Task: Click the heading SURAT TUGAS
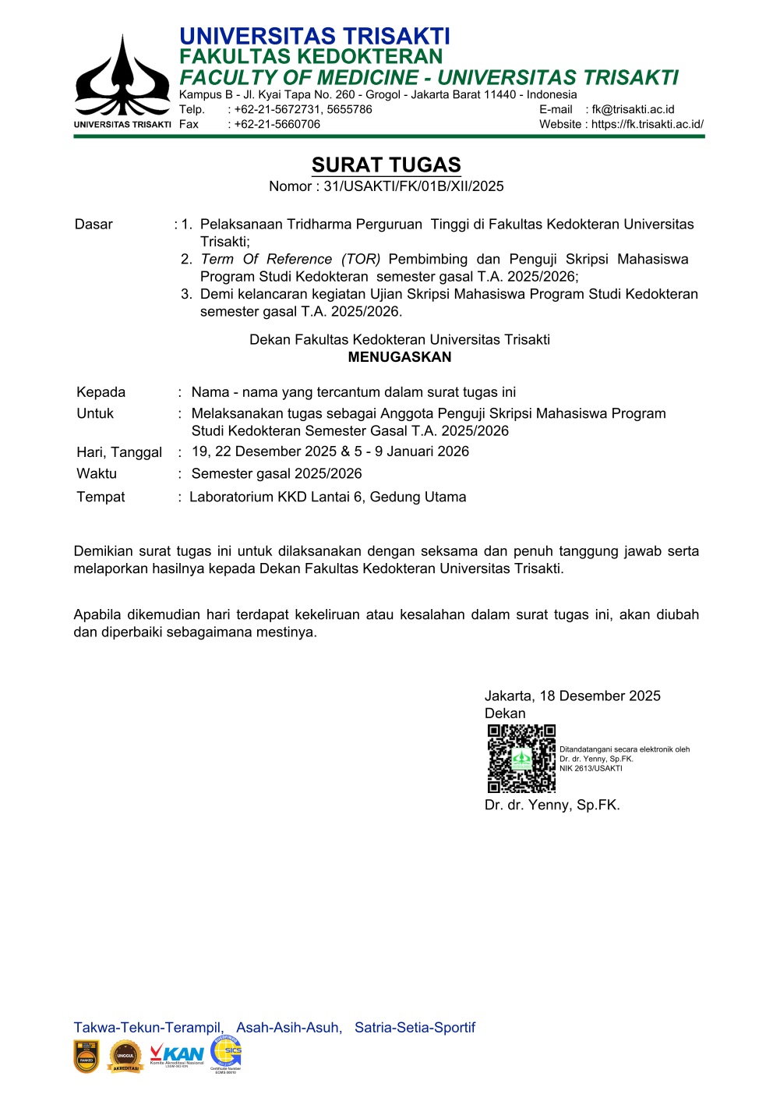tap(386, 165)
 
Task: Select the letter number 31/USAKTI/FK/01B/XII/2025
tap(414, 186)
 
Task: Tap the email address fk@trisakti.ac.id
tap(633, 110)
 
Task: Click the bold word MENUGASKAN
tap(400, 357)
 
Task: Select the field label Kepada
tap(101, 392)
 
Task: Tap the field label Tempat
tap(101, 497)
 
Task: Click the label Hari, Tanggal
tap(119, 452)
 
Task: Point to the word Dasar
tap(94, 225)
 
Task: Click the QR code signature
tap(521, 759)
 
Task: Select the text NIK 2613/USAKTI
tap(591, 769)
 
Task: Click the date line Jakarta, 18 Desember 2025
tap(573, 696)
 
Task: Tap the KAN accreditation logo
tap(177, 1055)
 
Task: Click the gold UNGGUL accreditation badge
tap(125, 1057)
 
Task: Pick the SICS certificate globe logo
tap(226, 1053)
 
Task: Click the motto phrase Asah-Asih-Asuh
tap(288, 1028)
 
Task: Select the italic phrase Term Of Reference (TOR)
tap(291, 260)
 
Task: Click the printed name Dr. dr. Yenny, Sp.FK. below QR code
tap(552, 805)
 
